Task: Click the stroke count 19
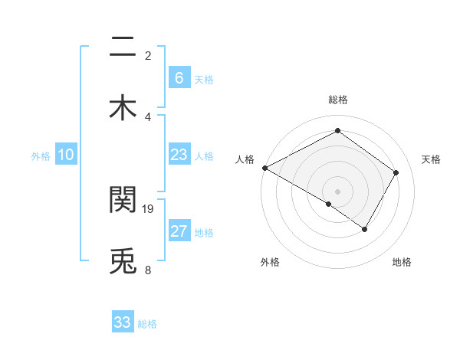[149, 208]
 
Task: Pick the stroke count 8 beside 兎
[148, 270]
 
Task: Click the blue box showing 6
[179, 78]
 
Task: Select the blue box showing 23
[179, 155]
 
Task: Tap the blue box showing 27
[179, 231]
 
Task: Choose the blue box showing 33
[123, 322]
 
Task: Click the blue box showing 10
[66, 155]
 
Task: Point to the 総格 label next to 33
[147, 324]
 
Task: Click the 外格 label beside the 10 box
[41, 156]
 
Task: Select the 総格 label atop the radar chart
[337, 100]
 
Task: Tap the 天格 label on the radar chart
[431, 159]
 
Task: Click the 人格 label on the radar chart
[245, 159]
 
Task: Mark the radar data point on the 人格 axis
[264, 168]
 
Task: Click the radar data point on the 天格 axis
[396, 172]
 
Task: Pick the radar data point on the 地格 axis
[365, 229]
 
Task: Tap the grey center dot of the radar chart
[337, 191]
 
